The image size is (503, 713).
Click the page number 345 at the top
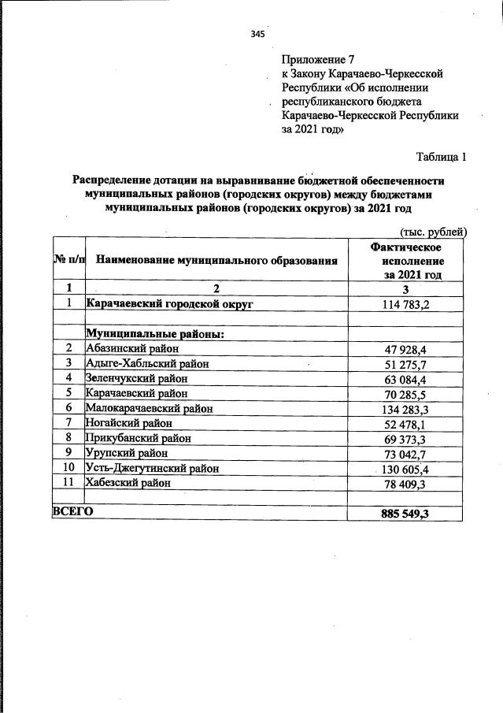point(257,34)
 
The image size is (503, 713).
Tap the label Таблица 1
point(441,157)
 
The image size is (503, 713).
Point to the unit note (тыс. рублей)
point(433,231)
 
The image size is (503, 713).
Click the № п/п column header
point(68,259)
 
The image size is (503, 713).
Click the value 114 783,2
point(406,304)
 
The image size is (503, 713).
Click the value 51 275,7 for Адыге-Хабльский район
point(405,363)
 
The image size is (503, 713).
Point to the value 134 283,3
point(406,408)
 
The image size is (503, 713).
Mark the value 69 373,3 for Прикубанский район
point(405,438)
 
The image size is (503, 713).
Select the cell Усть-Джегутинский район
point(152,468)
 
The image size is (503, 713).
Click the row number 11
point(68,482)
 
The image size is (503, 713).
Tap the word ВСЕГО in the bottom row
point(72,512)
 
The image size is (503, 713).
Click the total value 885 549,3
point(405,514)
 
